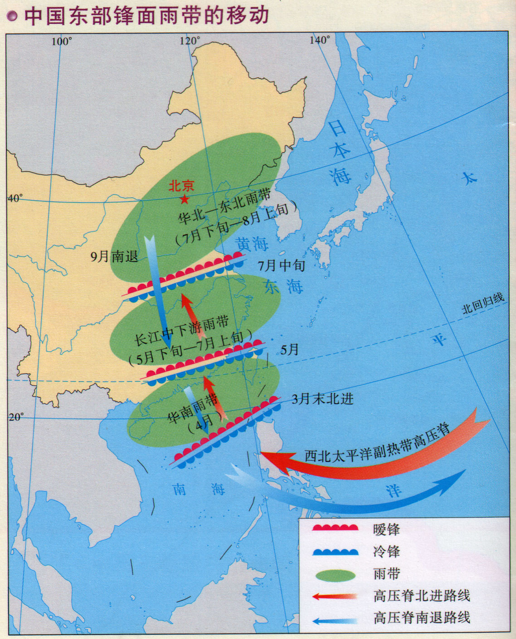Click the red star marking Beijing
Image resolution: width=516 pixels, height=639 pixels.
point(185,199)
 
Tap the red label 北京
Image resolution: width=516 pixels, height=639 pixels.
point(181,186)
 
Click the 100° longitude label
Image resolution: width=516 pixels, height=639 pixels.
point(61,42)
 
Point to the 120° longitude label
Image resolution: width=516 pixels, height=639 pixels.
point(190,41)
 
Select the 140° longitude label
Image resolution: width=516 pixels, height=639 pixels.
point(320,40)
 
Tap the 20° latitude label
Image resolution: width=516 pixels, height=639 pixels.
point(16,417)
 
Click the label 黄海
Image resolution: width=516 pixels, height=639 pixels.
point(252,244)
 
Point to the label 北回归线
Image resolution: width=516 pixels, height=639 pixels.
point(483,303)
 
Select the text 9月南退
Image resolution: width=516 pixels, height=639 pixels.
point(114,257)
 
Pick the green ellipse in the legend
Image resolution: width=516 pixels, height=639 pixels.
point(335,575)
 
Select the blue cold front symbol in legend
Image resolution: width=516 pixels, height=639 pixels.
point(335,552)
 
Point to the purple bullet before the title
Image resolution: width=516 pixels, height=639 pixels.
point(12,17)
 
